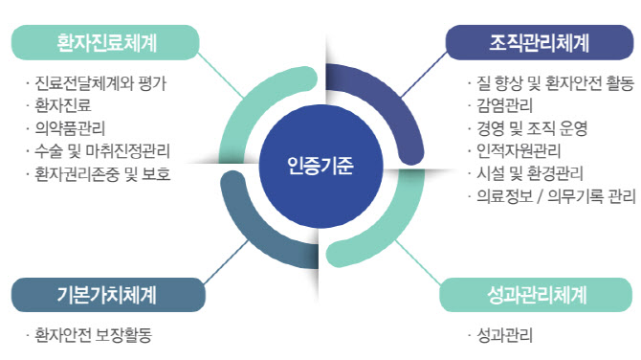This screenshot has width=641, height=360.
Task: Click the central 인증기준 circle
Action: (320, 165)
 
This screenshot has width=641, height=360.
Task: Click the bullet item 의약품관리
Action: (71, 127)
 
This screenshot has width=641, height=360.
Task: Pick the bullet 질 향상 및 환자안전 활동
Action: (549, 83)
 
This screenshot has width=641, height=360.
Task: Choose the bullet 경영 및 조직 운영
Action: (527, 127)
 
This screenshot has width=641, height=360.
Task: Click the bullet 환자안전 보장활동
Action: (92, 335)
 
